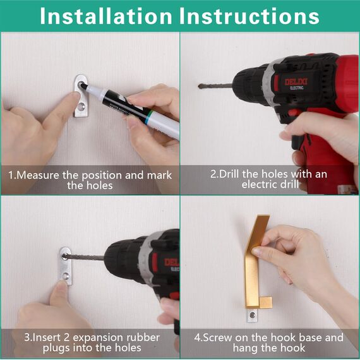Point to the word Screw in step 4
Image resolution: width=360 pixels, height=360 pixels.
222,338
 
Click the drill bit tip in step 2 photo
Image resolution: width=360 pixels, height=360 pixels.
200,85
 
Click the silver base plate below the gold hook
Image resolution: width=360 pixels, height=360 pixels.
252,314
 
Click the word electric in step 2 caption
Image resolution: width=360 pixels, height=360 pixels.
259,185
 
